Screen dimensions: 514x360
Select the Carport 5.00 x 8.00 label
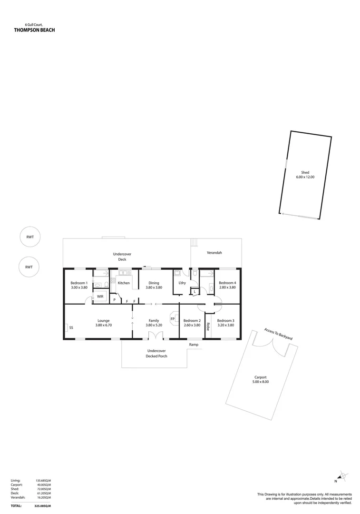point(260,379)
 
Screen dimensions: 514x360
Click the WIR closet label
point(100,297)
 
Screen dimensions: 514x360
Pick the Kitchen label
point(124,283)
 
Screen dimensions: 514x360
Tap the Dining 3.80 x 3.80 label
point(154,285)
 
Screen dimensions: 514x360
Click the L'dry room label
point(182,283)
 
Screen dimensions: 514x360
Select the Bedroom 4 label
point(227,285)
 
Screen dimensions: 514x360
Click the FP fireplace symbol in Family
point(172,319)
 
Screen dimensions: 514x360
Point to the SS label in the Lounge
point(71,328)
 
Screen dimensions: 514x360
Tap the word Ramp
point(194,344)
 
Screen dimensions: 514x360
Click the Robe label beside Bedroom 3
point(208,327)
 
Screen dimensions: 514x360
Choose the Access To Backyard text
point(278,333)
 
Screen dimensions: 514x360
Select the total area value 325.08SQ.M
point(43,505)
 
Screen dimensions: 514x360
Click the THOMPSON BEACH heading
point(34,30)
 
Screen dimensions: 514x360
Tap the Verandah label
point(214,253)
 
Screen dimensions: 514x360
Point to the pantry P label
point(114,300)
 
